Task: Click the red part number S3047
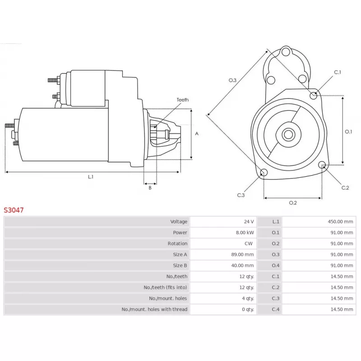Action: coord(14,210)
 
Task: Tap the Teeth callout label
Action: coord(182,100)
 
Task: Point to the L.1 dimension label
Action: coord(91,177)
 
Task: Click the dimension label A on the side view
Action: coord(197,134)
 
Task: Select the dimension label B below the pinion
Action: coord(150,188)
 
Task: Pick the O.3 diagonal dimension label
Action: coord(232,80)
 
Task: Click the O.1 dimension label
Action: coord(348,132)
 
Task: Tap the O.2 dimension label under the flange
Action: coord(293,203)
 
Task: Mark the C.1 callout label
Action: coord(338,72)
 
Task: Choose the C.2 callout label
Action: coord(345,188)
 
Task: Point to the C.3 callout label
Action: coord(241,195)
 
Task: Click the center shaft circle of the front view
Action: coord(288,134)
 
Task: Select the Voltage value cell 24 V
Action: coord(249,222)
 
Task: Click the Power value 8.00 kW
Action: coord(245,233)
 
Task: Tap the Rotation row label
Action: coord(177,244)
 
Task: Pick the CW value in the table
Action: coord(249,244)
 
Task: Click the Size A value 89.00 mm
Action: coord(242,255)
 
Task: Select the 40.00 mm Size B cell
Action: coord(242,266)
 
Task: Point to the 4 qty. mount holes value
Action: coord(248,298)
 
